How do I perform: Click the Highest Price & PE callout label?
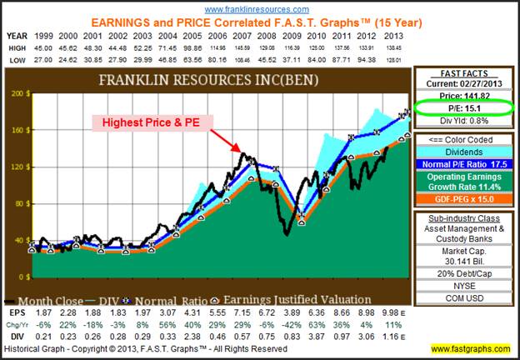(x=155, y=122)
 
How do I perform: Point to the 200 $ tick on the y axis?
(x=16, y=94)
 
